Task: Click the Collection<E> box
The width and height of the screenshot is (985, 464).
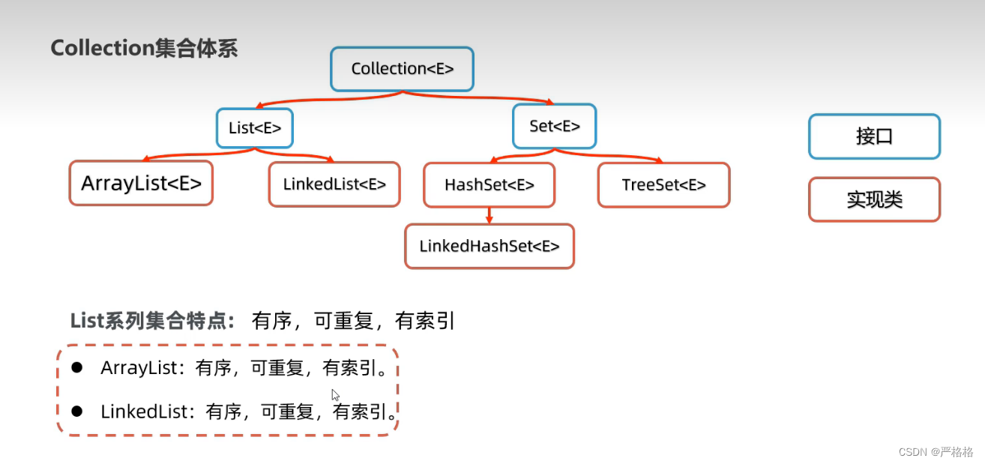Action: (x=403, y=69)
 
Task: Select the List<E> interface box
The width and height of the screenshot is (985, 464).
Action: (x=255, y=128)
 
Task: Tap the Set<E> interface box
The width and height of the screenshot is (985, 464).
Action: (x=555, y=126)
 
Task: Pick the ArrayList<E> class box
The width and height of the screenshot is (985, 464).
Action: (x=141, y=183)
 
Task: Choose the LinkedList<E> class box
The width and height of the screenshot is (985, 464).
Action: (x=334, y=184)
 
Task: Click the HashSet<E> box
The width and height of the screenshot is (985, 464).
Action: (x=489, y=185)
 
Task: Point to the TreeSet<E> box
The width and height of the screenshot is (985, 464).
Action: (x=663, y=185)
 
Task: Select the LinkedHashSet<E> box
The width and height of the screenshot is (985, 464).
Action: (x=490, y=246)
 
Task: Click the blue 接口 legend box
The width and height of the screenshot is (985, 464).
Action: (x=874, y=136)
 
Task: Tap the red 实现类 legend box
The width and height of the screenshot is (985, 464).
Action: (x=874, y=199)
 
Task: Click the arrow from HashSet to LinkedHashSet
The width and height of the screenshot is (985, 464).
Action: (x=489, y=216)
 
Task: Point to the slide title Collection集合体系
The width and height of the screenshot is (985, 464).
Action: (x=144, y=48)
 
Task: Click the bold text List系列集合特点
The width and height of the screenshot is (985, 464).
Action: (x=153, y=321)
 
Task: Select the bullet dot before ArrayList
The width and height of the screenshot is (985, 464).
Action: (x=76, y=367)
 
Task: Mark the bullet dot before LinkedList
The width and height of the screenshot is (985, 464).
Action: (x=76, y=411)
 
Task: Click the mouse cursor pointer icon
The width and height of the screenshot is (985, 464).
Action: (x=335, y=394)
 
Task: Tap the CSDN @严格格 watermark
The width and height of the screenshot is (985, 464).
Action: (x=935, y=451)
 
